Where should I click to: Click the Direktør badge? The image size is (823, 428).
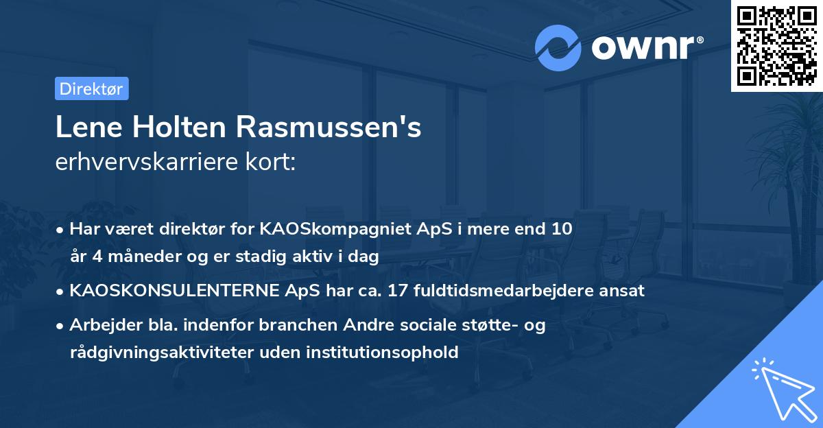click(91, 88)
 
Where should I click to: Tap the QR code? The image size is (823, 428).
click(776, 45)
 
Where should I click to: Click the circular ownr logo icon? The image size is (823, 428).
click(558, 47)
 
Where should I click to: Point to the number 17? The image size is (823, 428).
click(397, 290)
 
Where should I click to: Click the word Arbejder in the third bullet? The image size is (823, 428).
click(99, 325)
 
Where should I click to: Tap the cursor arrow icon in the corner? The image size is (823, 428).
click(782, 387)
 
